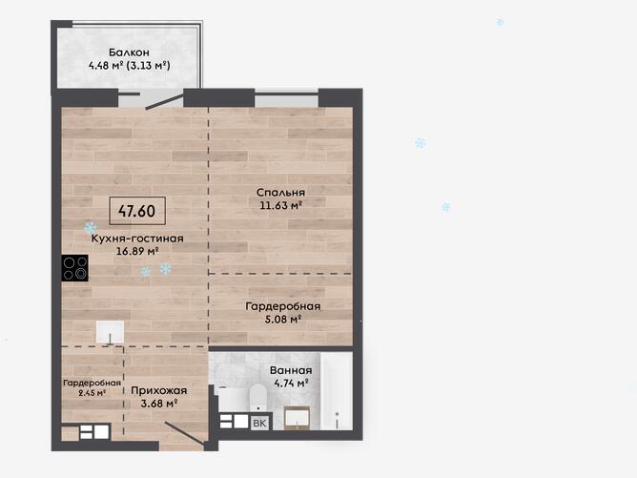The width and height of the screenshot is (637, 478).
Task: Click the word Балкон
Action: click(129, 52)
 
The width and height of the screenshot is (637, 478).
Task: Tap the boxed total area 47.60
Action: click(137, 211)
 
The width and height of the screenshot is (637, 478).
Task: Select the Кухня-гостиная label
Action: click(137, 239)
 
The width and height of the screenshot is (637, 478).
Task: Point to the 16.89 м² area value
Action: click(137, 251)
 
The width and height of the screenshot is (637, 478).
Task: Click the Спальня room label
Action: click(280, 193)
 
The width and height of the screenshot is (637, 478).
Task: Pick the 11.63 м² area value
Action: click(280, 205)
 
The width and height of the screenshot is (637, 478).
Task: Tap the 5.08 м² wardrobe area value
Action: click(283, 319)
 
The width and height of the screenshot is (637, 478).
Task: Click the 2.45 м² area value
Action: click(92, 393)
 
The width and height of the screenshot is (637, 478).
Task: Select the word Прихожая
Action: click(159, 390)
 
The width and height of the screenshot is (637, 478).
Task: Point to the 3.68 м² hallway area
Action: click(159, 404)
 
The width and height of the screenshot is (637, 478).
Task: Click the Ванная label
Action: click(291, 370)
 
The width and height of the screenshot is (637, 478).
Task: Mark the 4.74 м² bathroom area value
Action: click(291, 383)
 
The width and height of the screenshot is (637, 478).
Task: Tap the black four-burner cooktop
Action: click(74, 268)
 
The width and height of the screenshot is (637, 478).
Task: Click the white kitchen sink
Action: click(110, 332)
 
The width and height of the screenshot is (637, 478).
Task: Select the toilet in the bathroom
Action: click(257, 398)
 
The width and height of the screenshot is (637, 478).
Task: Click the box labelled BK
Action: click(259, 423)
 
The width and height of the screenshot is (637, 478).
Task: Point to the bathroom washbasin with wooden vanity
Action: click(297, 418)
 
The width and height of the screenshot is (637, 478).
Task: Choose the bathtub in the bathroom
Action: click(337, 390)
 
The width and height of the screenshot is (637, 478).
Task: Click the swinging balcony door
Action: click(165, 102)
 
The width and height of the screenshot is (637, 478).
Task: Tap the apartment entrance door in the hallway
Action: click(185, 434)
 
